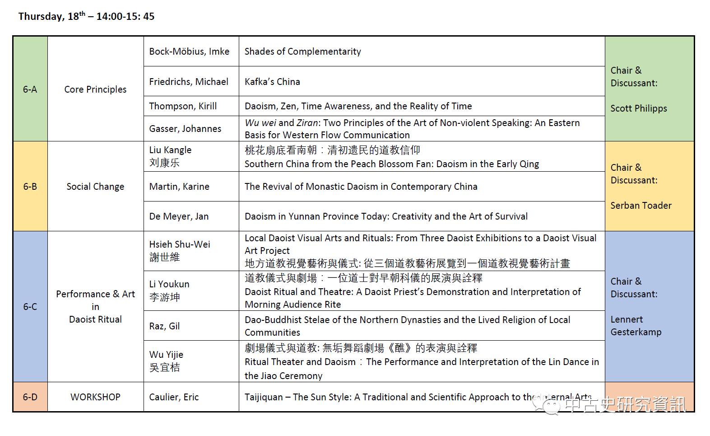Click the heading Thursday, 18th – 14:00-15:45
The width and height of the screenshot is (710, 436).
pyautogui.click(x=86, y=17)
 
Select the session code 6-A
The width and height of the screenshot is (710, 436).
pyautogui.click(x=30, y=89)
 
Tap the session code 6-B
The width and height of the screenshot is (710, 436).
pyautogui.click(x=30, y=187)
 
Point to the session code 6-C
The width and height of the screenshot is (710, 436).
pyautogui.click(x=30, y=307)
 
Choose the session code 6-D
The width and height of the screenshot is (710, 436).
pyautogui.click(x=30, y=397)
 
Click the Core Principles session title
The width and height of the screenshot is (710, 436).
pyautogui.click(x=95, y=89)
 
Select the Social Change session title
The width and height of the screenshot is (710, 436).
pyautogui.click(x=95, y=187)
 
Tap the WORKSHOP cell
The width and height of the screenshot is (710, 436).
pyautogui.click(x=95, y=397)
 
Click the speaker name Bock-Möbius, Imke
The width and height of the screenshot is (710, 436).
pyautogui.click(x=189, y=52)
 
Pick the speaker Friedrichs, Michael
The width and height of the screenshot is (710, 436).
pyautogui.click(x=189, y=82)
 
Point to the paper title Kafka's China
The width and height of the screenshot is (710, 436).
pyautogui.click(x=272, y=82)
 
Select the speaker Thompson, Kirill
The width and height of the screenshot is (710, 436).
pyautogui.click(x=183, y=106)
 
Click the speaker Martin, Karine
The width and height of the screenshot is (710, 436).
pyautogui.click(x=179, y=187)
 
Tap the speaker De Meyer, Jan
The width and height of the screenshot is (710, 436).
pyautogui.click(x=179, y=216)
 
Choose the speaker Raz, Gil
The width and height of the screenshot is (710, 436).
pyautogui.click(x=164, y=326)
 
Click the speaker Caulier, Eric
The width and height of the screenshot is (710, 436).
pyautogui.click(x=174, y=397)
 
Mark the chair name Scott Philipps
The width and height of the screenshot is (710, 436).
pyautogui.click(x=638, y=108)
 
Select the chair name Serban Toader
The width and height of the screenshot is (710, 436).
pyautogui.click(x=640, y=206)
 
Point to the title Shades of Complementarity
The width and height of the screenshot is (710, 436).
pyautogui.click(x=302, y=52)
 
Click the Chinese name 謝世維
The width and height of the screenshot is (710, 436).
pyautogui.click(x=164, y=257)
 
